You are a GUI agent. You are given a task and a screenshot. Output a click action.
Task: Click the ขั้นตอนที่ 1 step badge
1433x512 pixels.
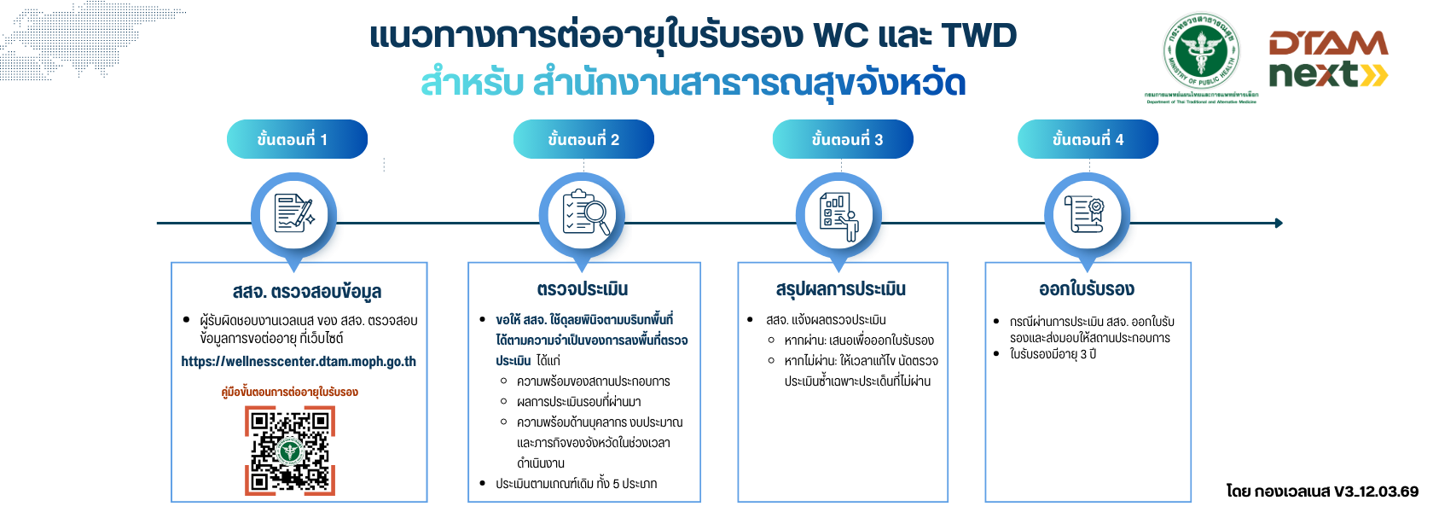[296, 139]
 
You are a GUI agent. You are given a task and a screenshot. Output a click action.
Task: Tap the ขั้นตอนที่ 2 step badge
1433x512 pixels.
[583, 139]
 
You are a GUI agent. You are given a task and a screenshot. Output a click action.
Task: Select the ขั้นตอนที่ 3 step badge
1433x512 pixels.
[843, 139]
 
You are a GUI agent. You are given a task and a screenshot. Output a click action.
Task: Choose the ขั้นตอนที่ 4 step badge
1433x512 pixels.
[1088, 139]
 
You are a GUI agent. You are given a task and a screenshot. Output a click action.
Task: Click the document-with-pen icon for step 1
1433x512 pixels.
[293, 214]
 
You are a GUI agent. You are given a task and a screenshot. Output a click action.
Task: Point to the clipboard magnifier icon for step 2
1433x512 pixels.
[583, 214]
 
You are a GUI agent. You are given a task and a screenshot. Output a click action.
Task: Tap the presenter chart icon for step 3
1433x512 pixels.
[838, 215]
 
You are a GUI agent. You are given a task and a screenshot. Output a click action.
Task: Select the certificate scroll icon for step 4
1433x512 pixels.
[1087, 214]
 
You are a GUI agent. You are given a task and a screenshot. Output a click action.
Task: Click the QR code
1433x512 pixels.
[290, 450]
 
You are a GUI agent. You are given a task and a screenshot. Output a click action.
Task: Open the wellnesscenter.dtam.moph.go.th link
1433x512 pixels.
[299, 362]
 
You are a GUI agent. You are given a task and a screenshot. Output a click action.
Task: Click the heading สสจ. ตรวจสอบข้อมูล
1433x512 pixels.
[307, 291]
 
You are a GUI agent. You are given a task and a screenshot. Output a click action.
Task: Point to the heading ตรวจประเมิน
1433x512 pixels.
[583, 289]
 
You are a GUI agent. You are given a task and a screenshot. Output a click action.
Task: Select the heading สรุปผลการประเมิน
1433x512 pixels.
[841, 289]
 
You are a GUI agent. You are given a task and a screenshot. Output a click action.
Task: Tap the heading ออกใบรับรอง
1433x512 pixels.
[1087, 289]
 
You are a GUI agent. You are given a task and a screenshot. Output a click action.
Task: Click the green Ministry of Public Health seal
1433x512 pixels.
[1201, 53]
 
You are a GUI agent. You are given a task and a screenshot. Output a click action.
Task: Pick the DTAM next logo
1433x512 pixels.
[1327, 60]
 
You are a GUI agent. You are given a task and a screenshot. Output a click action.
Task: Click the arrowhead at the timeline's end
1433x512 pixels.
[1278, 223]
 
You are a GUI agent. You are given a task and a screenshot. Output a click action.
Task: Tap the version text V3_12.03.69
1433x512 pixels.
[1376, 492]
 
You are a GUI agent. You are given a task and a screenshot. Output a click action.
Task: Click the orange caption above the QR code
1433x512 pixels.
[289, 393]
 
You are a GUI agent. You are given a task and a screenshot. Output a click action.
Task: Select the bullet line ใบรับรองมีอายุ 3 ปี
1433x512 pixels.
[1053, 354]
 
